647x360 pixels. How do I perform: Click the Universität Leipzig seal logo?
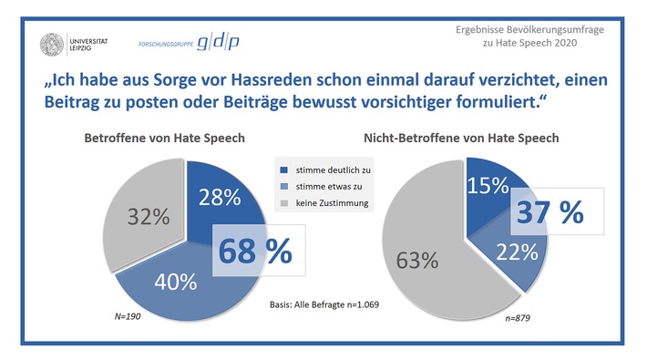coord(52,43)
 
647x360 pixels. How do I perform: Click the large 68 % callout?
coord(252,251)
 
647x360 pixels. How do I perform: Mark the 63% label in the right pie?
coord(416,260)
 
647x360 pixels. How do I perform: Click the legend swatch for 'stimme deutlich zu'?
coord(283,169)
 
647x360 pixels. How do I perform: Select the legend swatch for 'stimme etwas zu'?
coord(283,186)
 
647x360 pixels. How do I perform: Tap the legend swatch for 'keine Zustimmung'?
coord(283,203)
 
